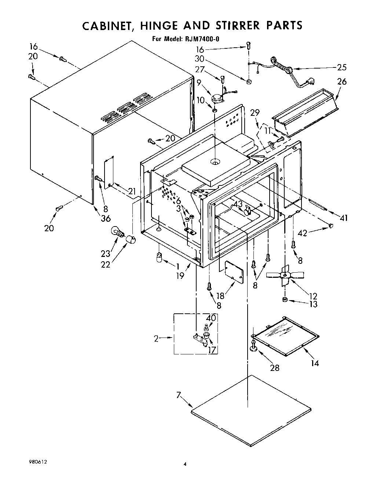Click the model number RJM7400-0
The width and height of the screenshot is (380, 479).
click(204, 39)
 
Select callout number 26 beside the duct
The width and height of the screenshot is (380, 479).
click(341, 81)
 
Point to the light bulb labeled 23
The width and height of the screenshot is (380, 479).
click(118, 232)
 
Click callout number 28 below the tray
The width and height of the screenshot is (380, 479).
click(274, 368)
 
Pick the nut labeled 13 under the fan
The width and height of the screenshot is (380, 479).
click(285, 300)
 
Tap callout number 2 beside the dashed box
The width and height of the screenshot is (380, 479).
click(156, 339)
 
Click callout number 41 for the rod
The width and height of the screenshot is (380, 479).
click(344, 218)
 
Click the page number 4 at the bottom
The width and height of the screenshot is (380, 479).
click(185, 464)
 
